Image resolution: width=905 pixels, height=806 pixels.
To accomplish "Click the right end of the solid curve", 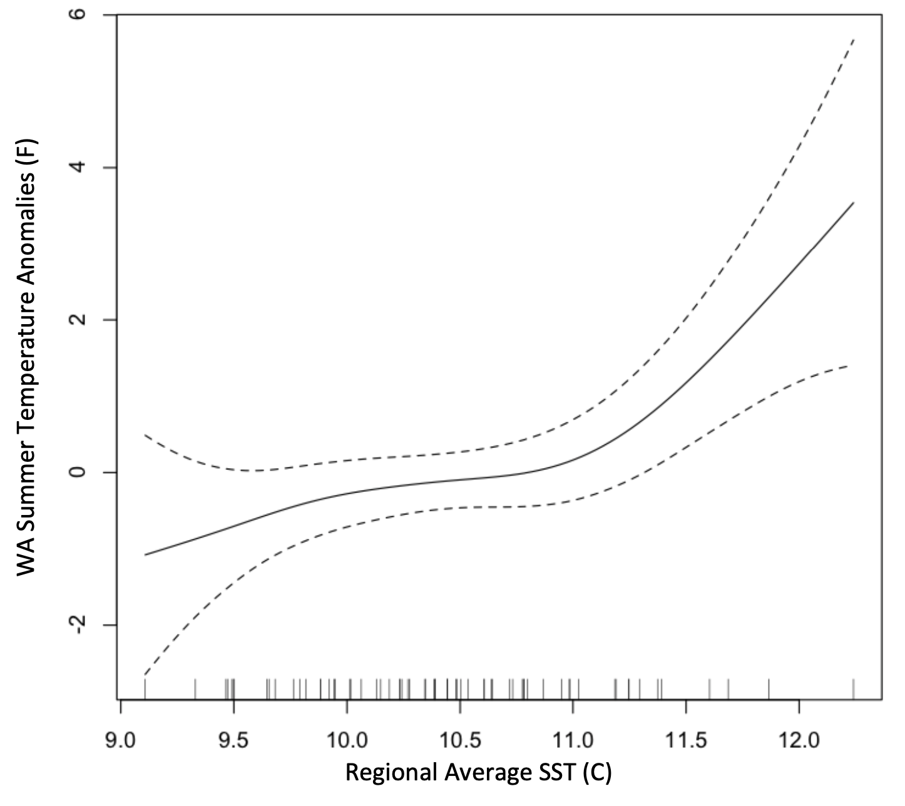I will tap(854, 203).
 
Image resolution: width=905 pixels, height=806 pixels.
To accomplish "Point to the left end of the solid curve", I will tap(145, 555).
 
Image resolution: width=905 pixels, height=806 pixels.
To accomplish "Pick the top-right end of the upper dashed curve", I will tap(854, 39).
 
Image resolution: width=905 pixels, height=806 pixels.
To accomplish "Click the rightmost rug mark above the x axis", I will tap(854, 688).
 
